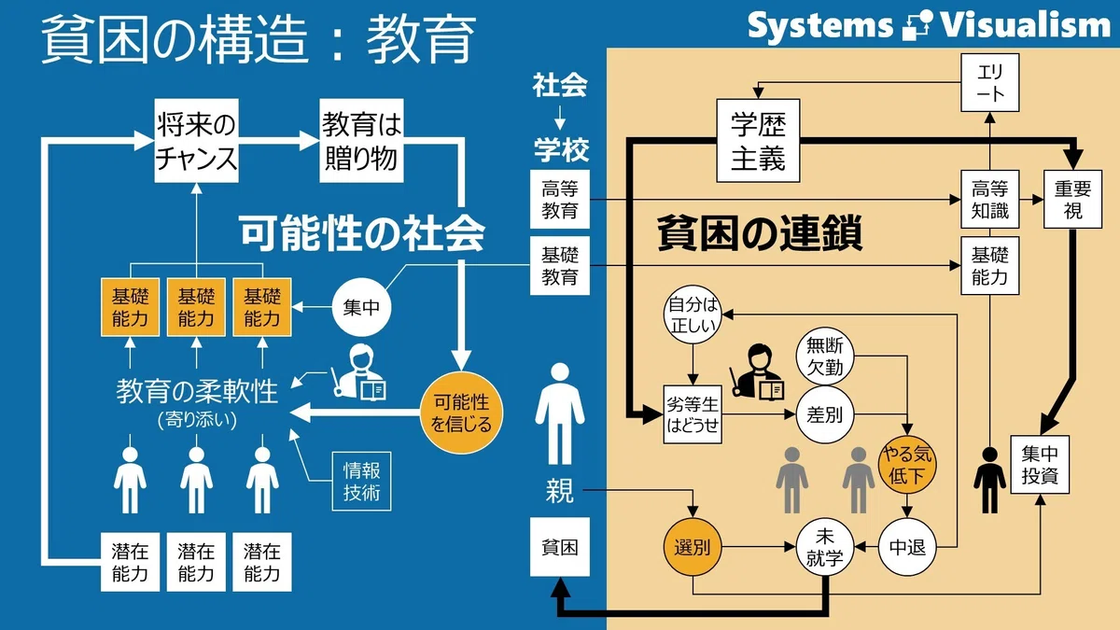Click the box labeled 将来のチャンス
coord(196,141)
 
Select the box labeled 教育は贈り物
coord(361,141)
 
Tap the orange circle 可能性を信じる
coord(461,413)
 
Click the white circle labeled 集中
coord(361,307)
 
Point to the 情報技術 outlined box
coord(361,482)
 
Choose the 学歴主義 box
coord(758,141)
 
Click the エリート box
coord(990,82)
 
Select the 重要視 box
coord(1073,199)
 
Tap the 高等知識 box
coord(990,199)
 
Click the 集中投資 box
coord(1040,465)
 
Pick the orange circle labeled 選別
coord(693,548)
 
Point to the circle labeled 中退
coord(907,548)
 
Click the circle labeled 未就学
coord(825,548)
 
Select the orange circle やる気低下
coord(907,465)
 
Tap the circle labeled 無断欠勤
coord(825,356)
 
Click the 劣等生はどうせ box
coord(693,414)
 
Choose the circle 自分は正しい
coord(693,315)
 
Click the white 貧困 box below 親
coord(560,547)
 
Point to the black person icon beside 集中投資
coord(990,480)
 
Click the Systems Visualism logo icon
coord(917,25)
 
